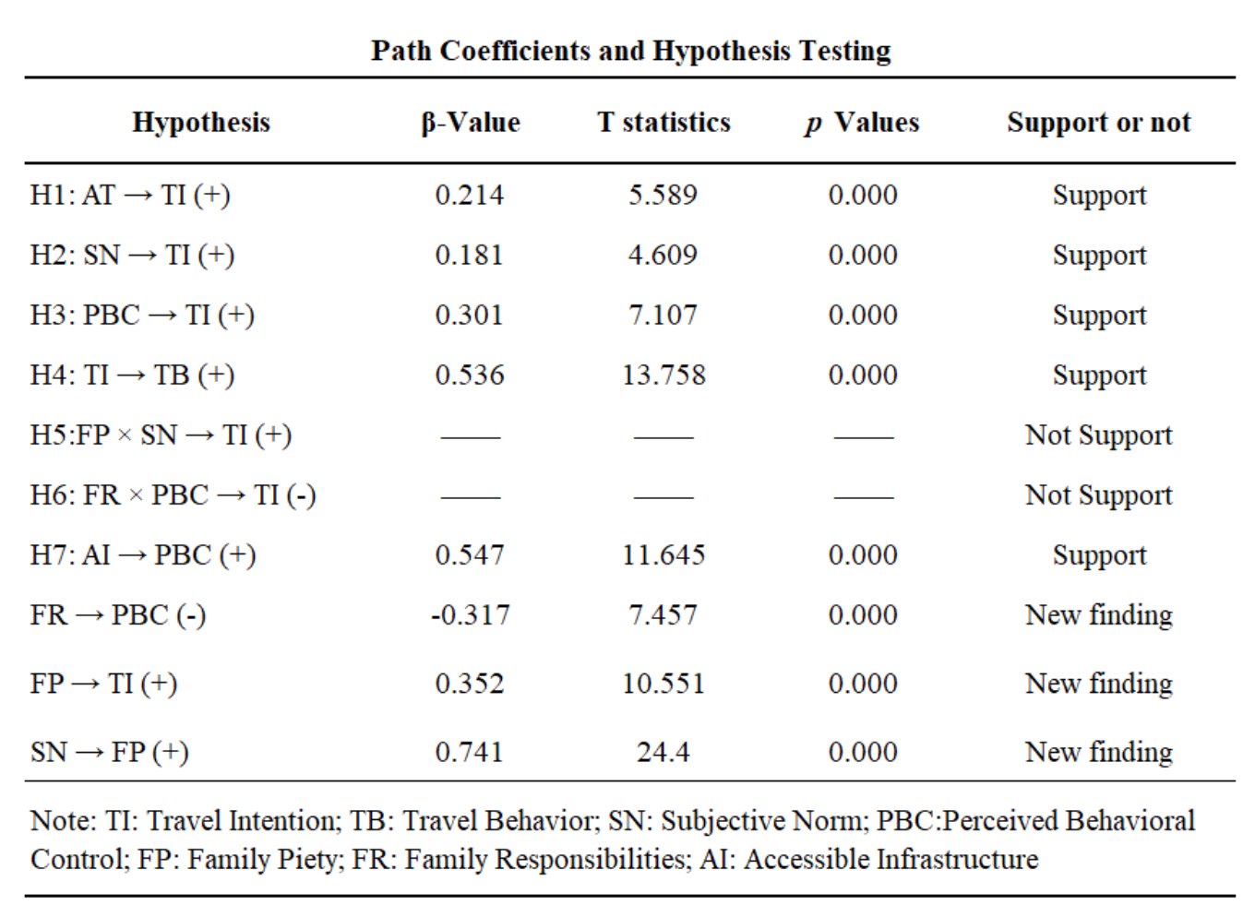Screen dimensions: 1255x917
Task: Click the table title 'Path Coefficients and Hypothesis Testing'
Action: pos(630,52)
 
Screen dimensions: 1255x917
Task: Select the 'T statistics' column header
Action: pos(663,122)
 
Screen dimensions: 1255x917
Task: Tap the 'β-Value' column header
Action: pos(471,122)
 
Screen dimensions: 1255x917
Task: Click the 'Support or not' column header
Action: pos(1099,123)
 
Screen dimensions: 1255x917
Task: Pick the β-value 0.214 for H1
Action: pos(470,195)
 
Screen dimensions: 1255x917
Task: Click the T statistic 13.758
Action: pos(663,375)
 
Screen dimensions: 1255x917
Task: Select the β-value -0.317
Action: pos(470,614)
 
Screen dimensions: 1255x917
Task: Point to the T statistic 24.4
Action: pos(663,752)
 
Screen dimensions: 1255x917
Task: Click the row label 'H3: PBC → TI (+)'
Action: pos(142,315)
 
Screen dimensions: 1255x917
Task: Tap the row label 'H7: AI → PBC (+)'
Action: pos(143,555)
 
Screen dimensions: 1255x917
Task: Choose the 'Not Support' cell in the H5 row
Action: pos(1099,435)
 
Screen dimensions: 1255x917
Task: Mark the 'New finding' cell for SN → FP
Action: pos(1099,752)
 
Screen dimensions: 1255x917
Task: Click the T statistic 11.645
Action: pos(663,554)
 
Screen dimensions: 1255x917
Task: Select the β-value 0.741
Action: pos(470,752)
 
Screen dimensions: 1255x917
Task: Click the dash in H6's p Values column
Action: pos(864,497)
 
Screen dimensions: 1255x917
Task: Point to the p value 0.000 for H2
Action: pos(863,255)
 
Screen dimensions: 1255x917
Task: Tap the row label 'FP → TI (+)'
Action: pos(103,684)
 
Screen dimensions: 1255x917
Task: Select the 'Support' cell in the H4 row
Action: pos(1099,375)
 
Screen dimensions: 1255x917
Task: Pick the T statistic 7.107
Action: pos(663,315)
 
